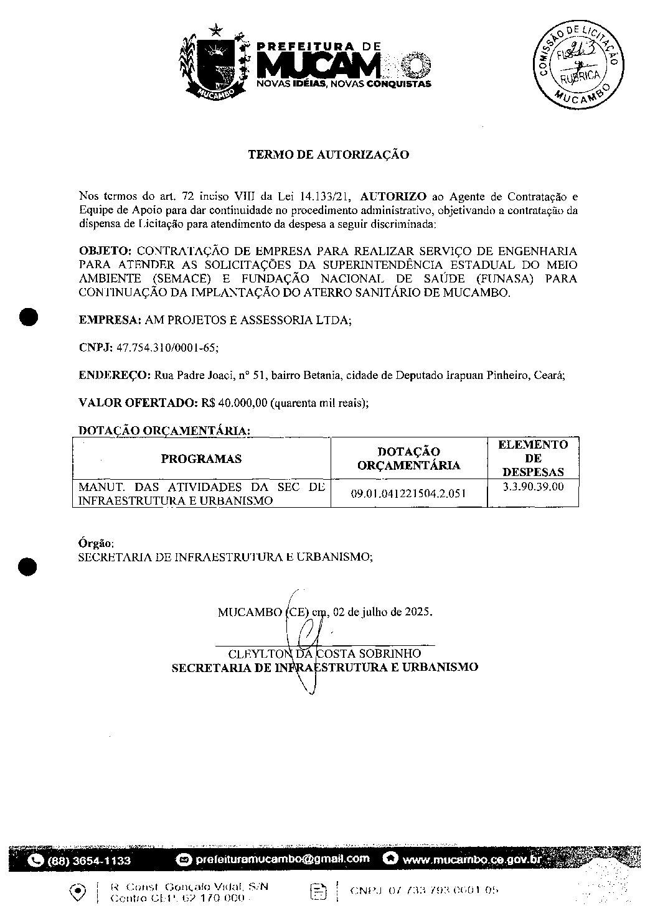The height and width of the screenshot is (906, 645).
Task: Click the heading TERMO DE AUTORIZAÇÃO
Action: coord(329,155)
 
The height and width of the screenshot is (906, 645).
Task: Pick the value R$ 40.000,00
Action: coord(234,403)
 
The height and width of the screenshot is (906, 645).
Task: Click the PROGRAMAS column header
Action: coord(201,459)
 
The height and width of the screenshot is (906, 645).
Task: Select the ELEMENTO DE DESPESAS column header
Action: coord(533,458)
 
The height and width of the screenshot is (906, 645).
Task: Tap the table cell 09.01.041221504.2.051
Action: coord(408,493)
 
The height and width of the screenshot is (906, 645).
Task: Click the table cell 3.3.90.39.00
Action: coord(533,487)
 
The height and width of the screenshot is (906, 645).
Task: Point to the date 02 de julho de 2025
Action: coord(382,612)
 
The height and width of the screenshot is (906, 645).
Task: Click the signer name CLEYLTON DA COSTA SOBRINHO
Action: coord(324,654)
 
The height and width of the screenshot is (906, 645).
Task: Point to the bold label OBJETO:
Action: coord(105,251)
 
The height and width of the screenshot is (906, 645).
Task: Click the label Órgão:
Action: coord(96,543)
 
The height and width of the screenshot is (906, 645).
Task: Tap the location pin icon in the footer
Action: coord(79,892)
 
